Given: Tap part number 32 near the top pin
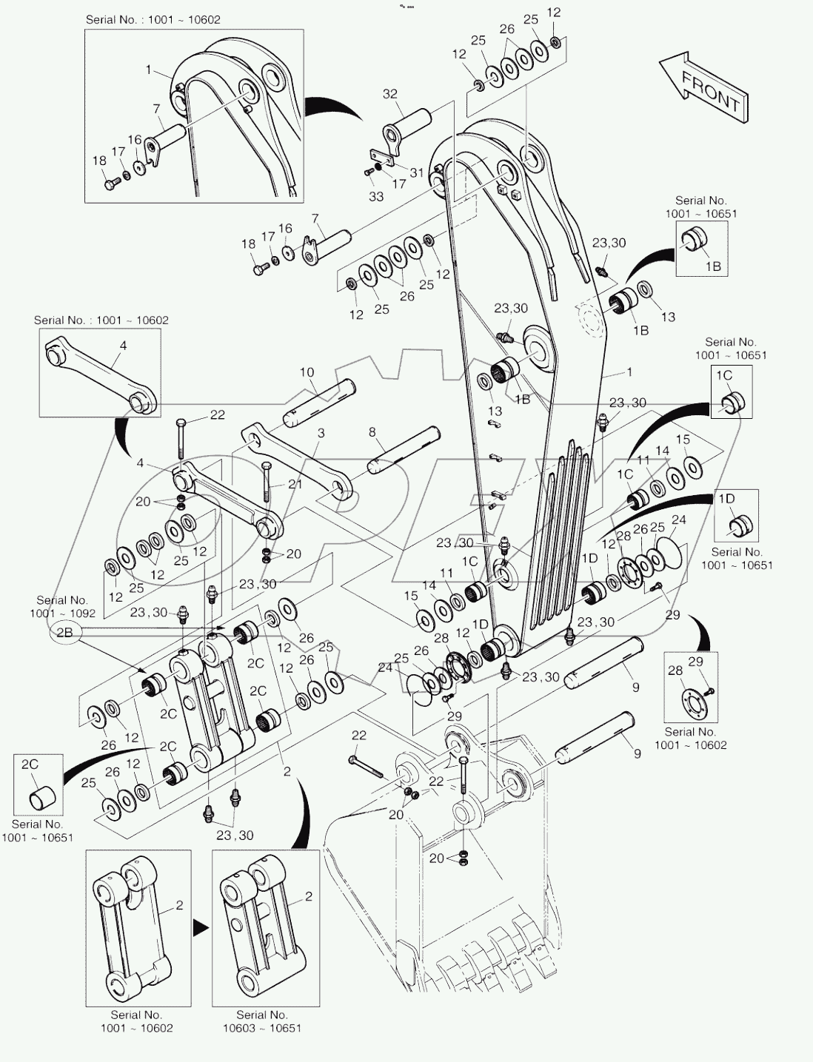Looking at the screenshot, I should click(390, 94).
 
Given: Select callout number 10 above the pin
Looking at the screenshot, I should click(307, 372).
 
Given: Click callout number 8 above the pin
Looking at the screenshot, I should click(372, 431).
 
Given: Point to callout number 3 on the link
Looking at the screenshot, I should click(321, 432).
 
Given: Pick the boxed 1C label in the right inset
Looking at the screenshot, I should click(723, 375).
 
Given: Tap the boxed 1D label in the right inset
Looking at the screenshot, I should click(726, 499).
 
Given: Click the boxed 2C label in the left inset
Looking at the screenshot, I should click(29, 764).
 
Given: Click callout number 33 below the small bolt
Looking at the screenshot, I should click(376, 197).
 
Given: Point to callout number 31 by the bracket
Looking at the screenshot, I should click(417, 172).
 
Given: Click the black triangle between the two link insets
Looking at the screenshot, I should click(199, 926).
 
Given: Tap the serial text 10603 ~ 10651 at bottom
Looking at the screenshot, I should click(261, 1028).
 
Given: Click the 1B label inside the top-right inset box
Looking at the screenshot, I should click(712, 266).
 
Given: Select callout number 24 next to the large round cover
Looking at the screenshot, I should click(678, 520).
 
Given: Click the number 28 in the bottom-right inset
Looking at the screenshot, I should click(675, 670).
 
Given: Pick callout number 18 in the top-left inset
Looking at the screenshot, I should click(99, 161).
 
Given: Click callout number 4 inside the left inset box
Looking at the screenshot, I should click(123, 345).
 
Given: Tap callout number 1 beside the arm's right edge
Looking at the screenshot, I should click(629, 372).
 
